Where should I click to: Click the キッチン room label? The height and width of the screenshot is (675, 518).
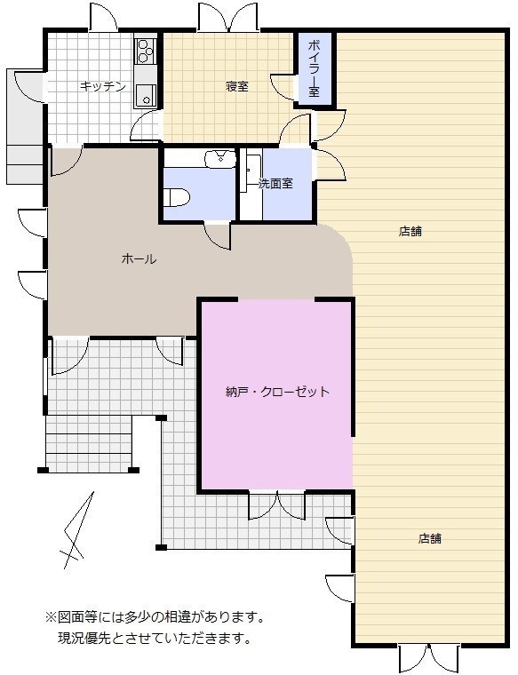[x=103, y=86]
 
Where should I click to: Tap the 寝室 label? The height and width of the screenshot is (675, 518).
[x=237, y=86]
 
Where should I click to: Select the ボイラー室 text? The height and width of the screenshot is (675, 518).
[x=314, y=68]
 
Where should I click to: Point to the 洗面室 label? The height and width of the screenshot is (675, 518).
[x=275, y=184]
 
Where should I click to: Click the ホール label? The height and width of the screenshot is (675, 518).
[x=139, y=258]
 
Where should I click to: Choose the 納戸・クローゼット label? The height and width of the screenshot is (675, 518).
[x=278, y=392]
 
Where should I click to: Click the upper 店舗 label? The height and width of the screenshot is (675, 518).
[x=410, y=232]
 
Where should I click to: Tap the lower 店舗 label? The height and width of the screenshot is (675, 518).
[x=430, y=538]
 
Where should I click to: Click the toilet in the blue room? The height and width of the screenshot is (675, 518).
[x=177, y=197]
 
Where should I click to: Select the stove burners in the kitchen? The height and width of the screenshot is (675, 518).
[x=146, y=51]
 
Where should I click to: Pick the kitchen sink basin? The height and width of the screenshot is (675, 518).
[x=146, y=96]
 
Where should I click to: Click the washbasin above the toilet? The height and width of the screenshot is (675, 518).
[x=221, y=159]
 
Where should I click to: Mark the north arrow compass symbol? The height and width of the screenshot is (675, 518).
[x=77, y=530]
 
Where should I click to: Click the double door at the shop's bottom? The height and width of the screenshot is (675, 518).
[x=428, y=657]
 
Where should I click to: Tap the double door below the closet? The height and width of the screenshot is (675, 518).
[x=278, y=505]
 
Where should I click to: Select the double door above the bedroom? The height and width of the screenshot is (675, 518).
[x=227, y=17]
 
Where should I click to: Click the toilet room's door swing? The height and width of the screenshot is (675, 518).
[x=218, y=235]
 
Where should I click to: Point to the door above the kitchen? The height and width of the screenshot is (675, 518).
[x=104, y=17]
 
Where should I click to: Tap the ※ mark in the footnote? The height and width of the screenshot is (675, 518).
[x=52, y=618]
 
